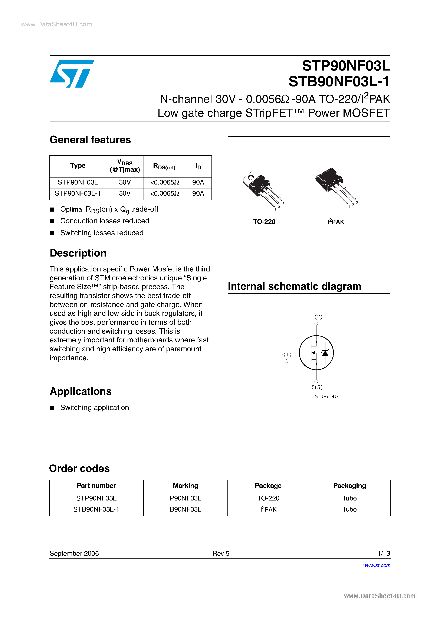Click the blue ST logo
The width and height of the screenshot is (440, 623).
(72, 74)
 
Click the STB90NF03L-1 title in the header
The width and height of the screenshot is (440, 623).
(339, 81)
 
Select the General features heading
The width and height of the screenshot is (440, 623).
(90, 140)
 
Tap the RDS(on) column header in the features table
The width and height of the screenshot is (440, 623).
(164, 166)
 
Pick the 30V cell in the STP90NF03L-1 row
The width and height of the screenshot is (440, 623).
(125, 193)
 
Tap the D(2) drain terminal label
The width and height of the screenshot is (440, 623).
(316, 316)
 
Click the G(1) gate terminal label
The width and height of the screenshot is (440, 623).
(286, 354)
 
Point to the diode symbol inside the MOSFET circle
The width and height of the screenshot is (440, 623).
(325, 353)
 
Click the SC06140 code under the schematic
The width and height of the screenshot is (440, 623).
(326, 397)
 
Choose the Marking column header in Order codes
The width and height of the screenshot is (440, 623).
(185, 486)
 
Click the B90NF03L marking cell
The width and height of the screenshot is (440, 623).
(185, 509)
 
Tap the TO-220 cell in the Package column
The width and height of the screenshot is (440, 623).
(268, 498)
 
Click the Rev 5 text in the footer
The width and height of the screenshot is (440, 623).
(221, 553)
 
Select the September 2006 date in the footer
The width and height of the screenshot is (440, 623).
(74, 553)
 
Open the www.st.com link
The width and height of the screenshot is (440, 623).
(377, 565)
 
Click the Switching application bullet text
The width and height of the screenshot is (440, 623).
(94, 408)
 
